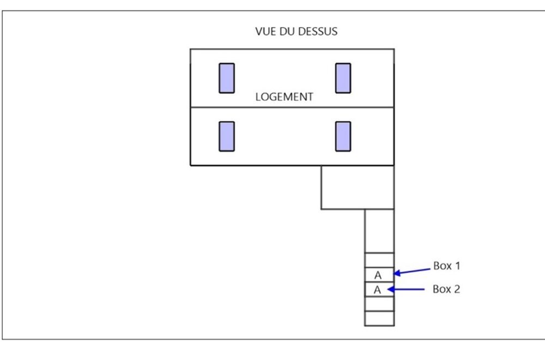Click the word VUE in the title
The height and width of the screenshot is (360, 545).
click(266, 32)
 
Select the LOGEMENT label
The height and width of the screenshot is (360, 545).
click(284, 97)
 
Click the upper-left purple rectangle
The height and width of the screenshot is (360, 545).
click(227, 78)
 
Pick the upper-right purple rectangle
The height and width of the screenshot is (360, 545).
click(343, 78)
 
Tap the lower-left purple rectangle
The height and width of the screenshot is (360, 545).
click(227, 136)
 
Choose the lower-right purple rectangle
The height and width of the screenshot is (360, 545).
click(343, 136)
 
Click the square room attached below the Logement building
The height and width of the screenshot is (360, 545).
click(358, 188)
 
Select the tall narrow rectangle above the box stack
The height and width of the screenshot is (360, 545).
click(379, 231)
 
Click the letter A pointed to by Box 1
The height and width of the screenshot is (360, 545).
click(378, 275)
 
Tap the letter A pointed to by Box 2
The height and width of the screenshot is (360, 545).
click(378, 290)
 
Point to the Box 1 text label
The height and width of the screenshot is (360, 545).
click(447, 266)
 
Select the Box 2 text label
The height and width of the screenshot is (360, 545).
click(446, 289)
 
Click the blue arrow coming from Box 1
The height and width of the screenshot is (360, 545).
click(412, 271)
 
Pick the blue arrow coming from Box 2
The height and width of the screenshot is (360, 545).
click(406, 289)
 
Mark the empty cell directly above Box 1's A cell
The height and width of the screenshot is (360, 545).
click(379, 260)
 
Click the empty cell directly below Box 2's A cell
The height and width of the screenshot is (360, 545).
click(379, 304)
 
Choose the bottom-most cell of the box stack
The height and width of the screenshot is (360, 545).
click(379, 319)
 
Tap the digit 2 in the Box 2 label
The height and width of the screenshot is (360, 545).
click(457, 289)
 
